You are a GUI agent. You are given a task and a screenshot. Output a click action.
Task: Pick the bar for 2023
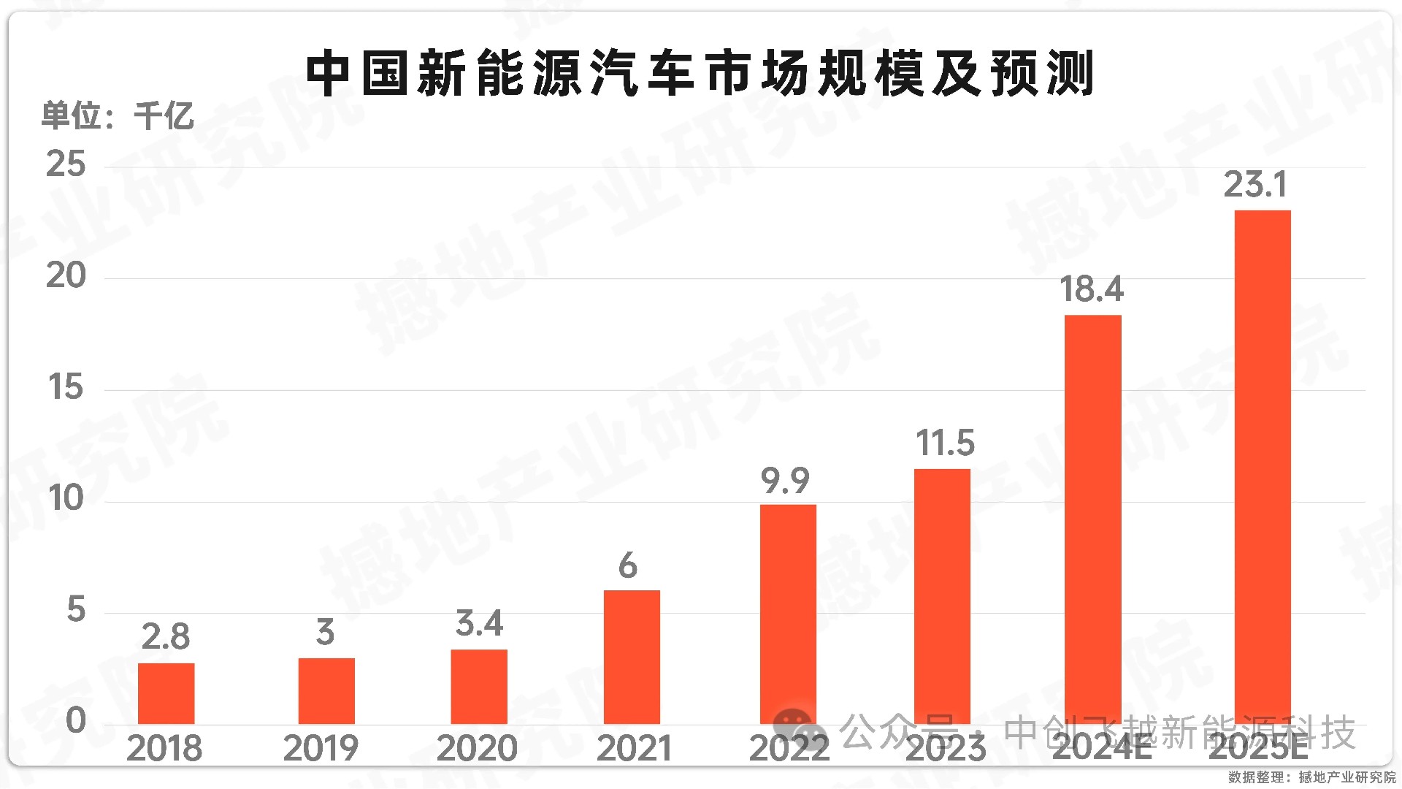[x=942, y=595]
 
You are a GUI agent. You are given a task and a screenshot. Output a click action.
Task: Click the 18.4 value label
[x=1092, y=289]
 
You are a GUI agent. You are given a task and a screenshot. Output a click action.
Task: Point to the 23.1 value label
[x=1255, y=184]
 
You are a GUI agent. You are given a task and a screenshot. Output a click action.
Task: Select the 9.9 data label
[x=785, y=481]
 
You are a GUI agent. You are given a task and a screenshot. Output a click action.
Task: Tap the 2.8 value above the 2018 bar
[x=166, y=636]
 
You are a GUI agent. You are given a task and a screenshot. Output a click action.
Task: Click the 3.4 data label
[x=479, y=623]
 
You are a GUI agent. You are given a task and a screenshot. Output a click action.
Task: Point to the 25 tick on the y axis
[x=66, y=164]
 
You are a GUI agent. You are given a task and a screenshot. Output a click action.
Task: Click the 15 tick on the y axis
[x=66, y=387]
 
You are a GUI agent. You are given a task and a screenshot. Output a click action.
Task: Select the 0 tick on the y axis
[x=75, y=721]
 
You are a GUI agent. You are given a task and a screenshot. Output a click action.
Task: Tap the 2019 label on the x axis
[x=321, y=749]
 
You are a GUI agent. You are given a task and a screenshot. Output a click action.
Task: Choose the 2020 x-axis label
[x=477, y=749]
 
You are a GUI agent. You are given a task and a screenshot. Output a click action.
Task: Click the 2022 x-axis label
[x=789, y=749]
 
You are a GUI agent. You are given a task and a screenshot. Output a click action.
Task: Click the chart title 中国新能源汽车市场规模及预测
[x=700, y=74]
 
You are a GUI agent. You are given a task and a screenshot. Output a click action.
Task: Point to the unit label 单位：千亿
[x=117, y=115]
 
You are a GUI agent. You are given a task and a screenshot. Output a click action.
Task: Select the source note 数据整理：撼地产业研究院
[x=1311, y=777]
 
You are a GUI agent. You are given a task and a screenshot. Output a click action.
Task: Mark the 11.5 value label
[x=945, y=443]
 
